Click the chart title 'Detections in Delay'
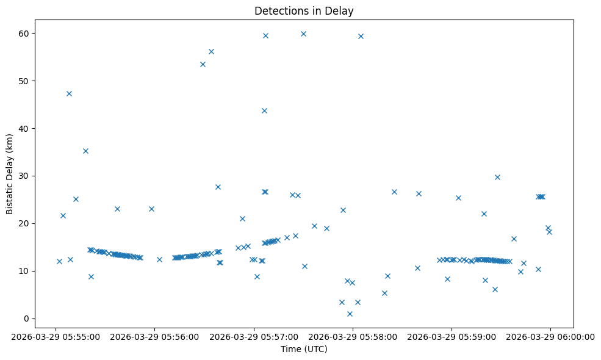(304, 11)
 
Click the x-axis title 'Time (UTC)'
(304, 349)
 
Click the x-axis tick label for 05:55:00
(56, 336)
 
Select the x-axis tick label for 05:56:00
(154, 336)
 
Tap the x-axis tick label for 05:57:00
(253, 336)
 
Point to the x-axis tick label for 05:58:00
(353, 336)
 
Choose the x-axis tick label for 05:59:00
(452, 336)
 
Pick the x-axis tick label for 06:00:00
(550, 336)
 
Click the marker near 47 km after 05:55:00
(69, 93)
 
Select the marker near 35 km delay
(85, 151)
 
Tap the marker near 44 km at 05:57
(264, 110)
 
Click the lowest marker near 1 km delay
(350, 314)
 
